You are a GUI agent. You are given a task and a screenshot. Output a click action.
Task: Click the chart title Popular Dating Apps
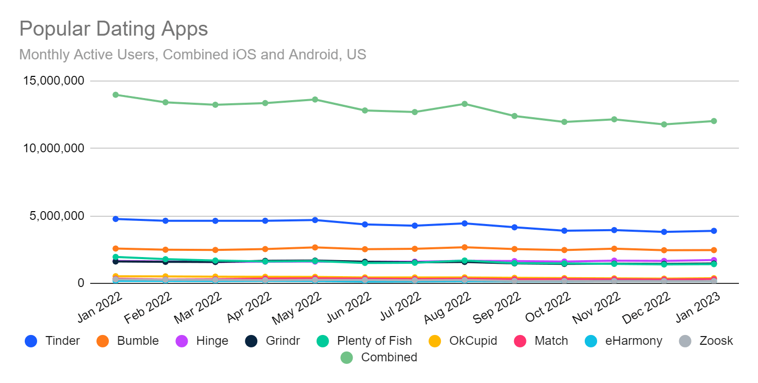click(x=113, y=29)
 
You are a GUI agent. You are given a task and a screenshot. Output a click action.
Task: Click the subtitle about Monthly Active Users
click(x=192, y=54)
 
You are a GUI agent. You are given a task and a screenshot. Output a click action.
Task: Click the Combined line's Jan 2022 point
click(x=116, y=94)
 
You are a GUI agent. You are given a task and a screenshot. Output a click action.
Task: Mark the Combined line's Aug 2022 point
click(x=465, y=104)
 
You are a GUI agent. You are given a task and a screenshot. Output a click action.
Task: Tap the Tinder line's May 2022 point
click(x=315, y=220)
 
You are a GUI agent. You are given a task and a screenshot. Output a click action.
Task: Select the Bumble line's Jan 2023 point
click(x=714, y=250)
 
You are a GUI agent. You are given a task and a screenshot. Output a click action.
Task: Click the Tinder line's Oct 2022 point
click(x=565, y=231)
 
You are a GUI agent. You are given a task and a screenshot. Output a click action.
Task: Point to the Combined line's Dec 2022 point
click(x=664, y=124)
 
